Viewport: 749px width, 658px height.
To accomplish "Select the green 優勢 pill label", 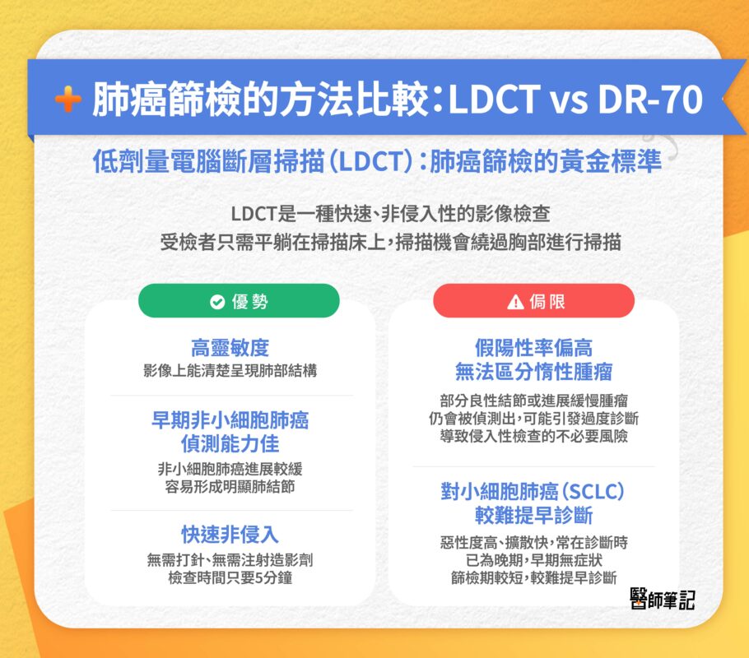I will (x=239, y=302).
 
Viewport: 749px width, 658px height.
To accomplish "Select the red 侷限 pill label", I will (x=533, y=302).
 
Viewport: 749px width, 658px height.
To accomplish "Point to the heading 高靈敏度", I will (x=230, y=348).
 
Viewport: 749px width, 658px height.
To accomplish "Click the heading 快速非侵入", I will (x=230, y=535).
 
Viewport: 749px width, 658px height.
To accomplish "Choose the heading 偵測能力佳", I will (x=230, y=444).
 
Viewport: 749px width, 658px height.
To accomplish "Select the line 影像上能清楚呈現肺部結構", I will (x=230, y=370).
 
